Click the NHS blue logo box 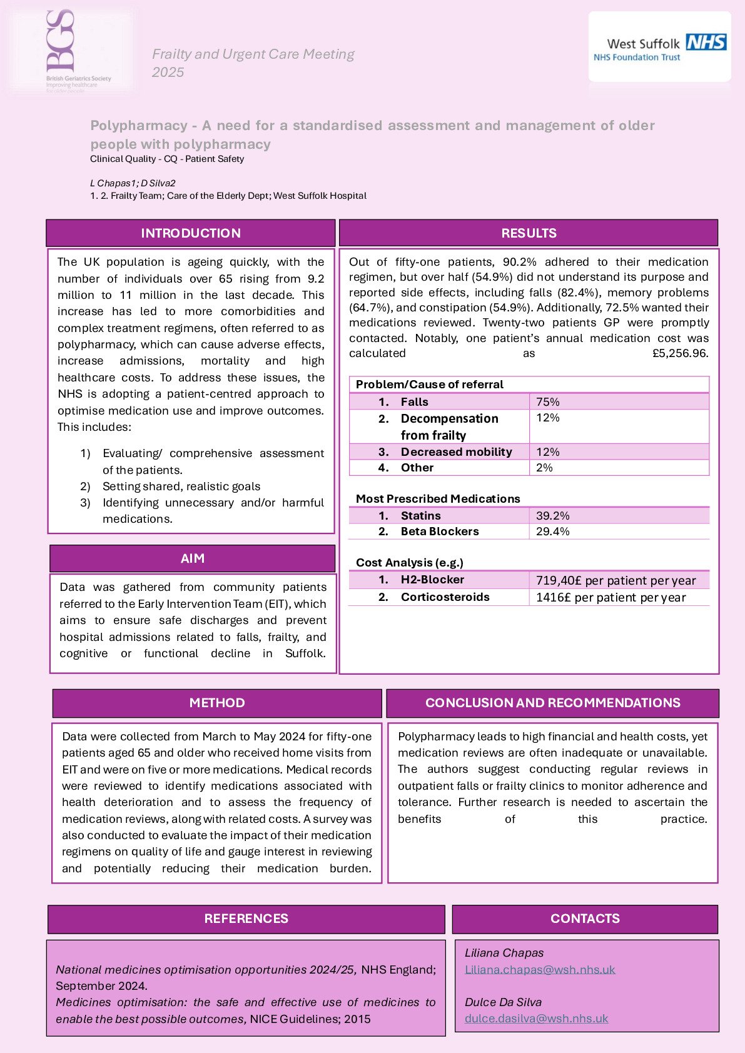point(706,42)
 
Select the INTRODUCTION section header point(191,233)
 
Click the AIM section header point(193,558)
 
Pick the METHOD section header point(217,703)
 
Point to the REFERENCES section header point(246,919)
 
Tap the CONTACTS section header point(585,919)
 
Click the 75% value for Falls point(548,402)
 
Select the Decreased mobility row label point(456,451)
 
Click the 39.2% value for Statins point(553,516)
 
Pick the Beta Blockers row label point(440,532)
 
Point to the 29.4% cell point(553,532)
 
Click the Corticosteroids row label point(445,597)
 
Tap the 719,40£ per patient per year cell point(616,580)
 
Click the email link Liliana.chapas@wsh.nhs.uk point(540,970)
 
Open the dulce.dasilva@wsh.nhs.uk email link point(536,1019)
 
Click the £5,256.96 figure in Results point(680,353)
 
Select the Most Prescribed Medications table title point(438,498)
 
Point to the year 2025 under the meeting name point(168,73)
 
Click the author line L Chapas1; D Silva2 point(133,183)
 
